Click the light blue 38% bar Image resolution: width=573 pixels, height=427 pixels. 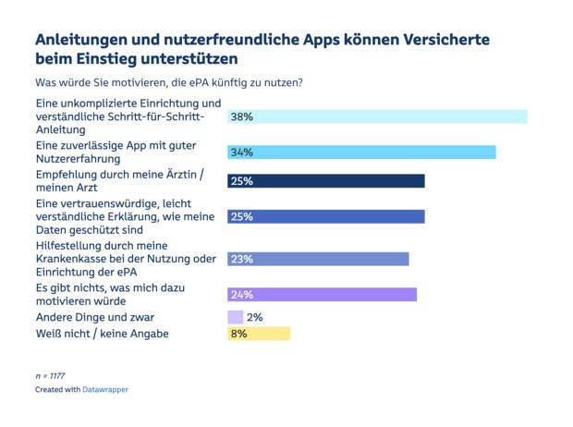click(377, 117)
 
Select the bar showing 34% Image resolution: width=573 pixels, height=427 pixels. click(361, 152)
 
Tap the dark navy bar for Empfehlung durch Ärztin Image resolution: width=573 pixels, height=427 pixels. click(326, 181)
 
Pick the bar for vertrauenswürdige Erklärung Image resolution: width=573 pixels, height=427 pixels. click(326, 216)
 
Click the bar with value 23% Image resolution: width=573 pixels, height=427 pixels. click(318, 260)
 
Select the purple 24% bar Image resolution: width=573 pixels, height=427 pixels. click(322, 295)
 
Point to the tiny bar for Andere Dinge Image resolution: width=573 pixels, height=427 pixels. click(235, 317)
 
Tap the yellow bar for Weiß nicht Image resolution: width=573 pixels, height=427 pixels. click(259, 334)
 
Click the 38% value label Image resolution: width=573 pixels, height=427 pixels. click(242, 117)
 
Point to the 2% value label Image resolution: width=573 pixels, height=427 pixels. click(255, 317)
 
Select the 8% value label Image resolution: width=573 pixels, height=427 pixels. click(239, 334)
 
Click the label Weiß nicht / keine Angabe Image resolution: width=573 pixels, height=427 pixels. click(102, 334)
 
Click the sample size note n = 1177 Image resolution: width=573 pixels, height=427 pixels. click(50, 376)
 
